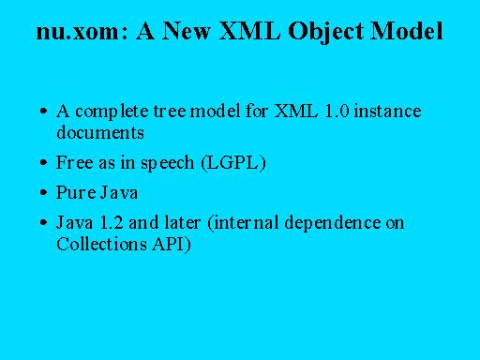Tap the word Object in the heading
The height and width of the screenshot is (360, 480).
click(326, 32)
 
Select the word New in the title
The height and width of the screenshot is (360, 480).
click(187, 31)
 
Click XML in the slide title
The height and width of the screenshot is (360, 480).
click(250, 31)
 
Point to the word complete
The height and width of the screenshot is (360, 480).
click(112, 112)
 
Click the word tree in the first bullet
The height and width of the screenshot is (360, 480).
click(170, 112)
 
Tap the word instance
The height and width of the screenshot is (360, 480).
click(388, 112)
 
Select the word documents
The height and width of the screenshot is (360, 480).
click(100, 132)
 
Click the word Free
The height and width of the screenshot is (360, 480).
click(74, 162)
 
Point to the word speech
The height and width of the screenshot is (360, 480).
click(167, 164)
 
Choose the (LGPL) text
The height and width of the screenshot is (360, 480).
click(233, 163)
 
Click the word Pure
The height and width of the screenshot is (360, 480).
click(76, 192)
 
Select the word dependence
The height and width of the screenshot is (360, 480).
click(333, 224)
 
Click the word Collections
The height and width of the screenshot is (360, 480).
click(101, 244)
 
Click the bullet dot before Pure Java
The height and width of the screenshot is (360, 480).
click(44, 192)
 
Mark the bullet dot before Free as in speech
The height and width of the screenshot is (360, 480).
click(44, 163)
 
